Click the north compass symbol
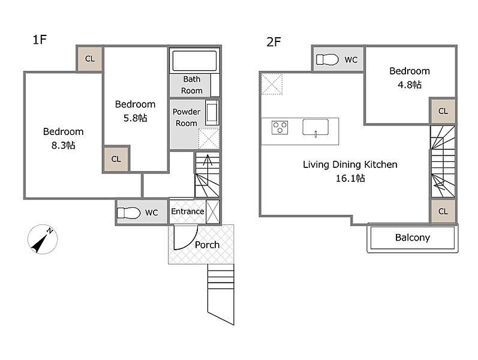43,239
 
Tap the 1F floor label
40,40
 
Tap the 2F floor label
273,42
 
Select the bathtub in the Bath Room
194,61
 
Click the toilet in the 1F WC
128,212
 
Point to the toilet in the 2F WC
327,59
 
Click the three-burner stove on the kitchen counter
280,128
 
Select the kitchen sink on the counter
315,127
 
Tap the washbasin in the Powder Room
212,113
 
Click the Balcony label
413,238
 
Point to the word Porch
207,245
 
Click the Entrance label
188,211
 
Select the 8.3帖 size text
63,145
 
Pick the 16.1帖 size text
350,178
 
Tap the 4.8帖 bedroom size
410,85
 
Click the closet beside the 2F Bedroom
443,111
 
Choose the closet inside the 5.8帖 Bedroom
116,159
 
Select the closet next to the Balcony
443,211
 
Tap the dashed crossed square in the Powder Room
209,139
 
